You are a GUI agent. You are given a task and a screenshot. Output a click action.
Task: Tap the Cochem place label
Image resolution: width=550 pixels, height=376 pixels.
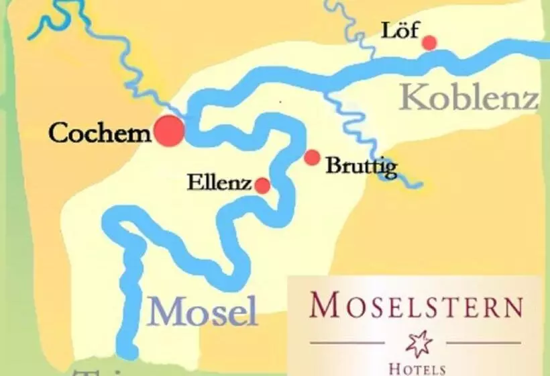100,133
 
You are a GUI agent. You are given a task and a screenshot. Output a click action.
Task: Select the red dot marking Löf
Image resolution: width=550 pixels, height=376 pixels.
429,43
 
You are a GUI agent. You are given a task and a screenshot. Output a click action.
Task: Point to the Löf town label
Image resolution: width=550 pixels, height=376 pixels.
396,30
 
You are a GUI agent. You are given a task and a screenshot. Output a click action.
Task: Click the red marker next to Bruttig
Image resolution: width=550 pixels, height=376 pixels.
312,158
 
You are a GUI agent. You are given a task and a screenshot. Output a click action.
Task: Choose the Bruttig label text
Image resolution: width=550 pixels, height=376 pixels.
361,167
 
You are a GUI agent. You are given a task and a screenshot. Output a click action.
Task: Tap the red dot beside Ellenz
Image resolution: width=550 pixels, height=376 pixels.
262,186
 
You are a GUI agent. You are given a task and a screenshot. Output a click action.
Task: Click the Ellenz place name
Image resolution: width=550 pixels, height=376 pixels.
219,183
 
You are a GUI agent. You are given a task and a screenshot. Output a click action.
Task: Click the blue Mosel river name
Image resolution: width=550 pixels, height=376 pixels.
203,312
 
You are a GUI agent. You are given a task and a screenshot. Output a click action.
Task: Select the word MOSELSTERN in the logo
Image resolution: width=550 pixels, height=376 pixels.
416,307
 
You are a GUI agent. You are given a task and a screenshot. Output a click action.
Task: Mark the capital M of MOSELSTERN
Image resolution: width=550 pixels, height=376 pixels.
324,306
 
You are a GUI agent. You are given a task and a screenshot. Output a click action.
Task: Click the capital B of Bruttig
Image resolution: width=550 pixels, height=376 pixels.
333,166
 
